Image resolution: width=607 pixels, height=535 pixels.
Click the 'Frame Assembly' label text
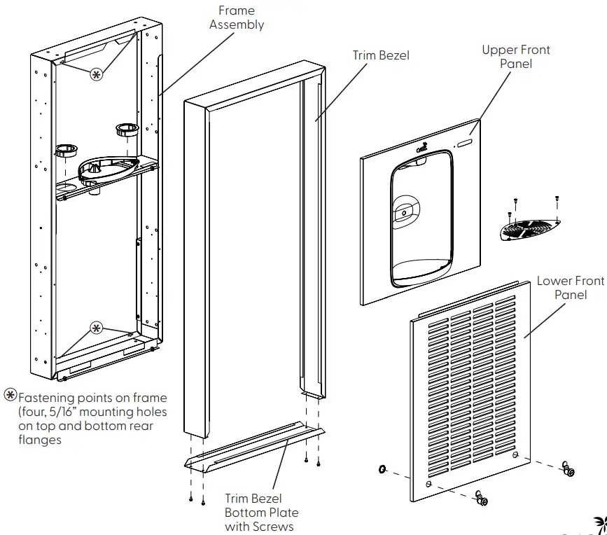pos(237,18)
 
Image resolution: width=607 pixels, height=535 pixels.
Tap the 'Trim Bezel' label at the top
pos(381,55)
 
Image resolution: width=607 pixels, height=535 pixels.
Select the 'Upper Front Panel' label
pos(516,57)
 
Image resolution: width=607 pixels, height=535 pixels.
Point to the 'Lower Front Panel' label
pos(570,288)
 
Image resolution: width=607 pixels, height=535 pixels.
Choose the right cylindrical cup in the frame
pos(126,129)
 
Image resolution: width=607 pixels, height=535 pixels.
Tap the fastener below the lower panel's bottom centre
pos(481,498)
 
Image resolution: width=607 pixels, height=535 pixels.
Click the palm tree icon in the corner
pos(599,526)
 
